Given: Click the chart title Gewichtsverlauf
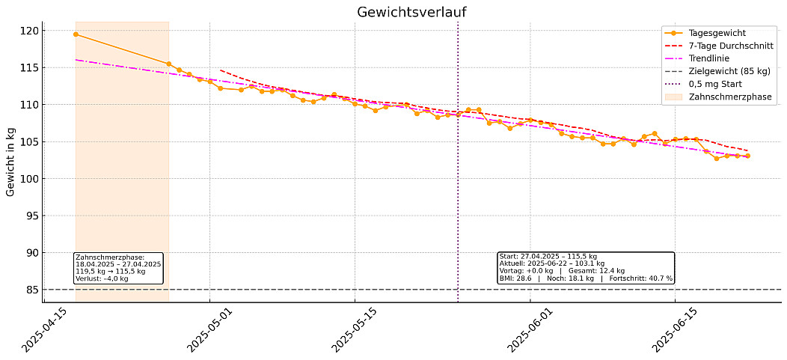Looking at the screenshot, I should point(412,12).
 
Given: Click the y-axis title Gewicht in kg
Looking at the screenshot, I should point(10,162).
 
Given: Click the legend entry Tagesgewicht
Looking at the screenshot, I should point(717,33).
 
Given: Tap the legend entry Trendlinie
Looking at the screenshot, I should point(711,58).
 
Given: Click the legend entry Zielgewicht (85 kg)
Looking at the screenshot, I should point(729,71).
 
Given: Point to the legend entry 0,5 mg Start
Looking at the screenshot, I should point(714,84).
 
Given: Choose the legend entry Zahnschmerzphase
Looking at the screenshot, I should point(729,97).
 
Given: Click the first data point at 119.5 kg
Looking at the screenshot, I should point(76,34).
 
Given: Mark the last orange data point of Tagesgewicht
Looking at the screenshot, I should point(747,156).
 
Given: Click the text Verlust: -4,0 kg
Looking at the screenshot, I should point(102,278).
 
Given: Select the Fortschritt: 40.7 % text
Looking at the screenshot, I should point(641,278).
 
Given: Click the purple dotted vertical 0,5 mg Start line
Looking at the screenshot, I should point(458,187).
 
